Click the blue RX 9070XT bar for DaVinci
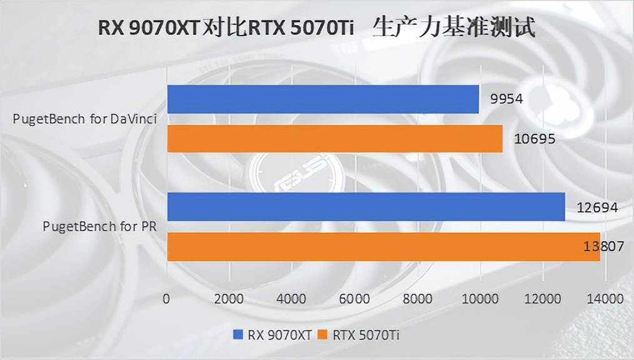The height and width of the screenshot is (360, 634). [323, 99]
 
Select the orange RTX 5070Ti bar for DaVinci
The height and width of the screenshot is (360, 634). [335, 139]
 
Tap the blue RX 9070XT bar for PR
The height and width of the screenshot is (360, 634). [366, 207]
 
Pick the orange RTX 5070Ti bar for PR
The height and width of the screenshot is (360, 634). [383, 247]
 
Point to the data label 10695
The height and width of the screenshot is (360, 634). [531, 139]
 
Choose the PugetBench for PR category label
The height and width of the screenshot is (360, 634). [100, 226]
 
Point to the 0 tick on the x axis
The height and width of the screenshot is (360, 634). [166, 299]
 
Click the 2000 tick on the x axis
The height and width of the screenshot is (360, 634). [229, 299]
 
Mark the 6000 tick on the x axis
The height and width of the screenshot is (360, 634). [355, 299]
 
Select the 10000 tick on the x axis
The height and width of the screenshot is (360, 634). [480, 299]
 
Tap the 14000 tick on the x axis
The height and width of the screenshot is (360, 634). [605, 299]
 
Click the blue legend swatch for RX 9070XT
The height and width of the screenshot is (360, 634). [238, 335]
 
